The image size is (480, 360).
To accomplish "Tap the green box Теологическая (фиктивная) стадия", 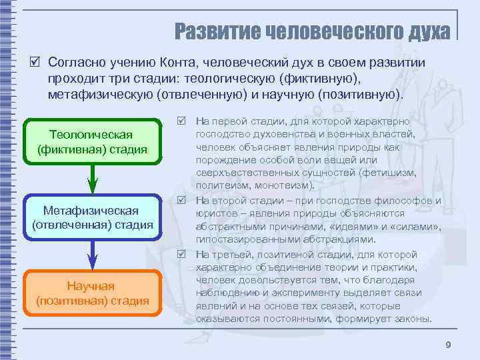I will click(x=93, y=142).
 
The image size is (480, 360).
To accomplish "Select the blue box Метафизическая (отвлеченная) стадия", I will click(x=93, y=217).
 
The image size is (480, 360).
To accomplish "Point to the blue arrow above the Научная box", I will click(x=93, y=253).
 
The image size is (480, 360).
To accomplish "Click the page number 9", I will click(x=448, y=344).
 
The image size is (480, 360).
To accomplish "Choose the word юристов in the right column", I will click(x=217, y=213).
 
